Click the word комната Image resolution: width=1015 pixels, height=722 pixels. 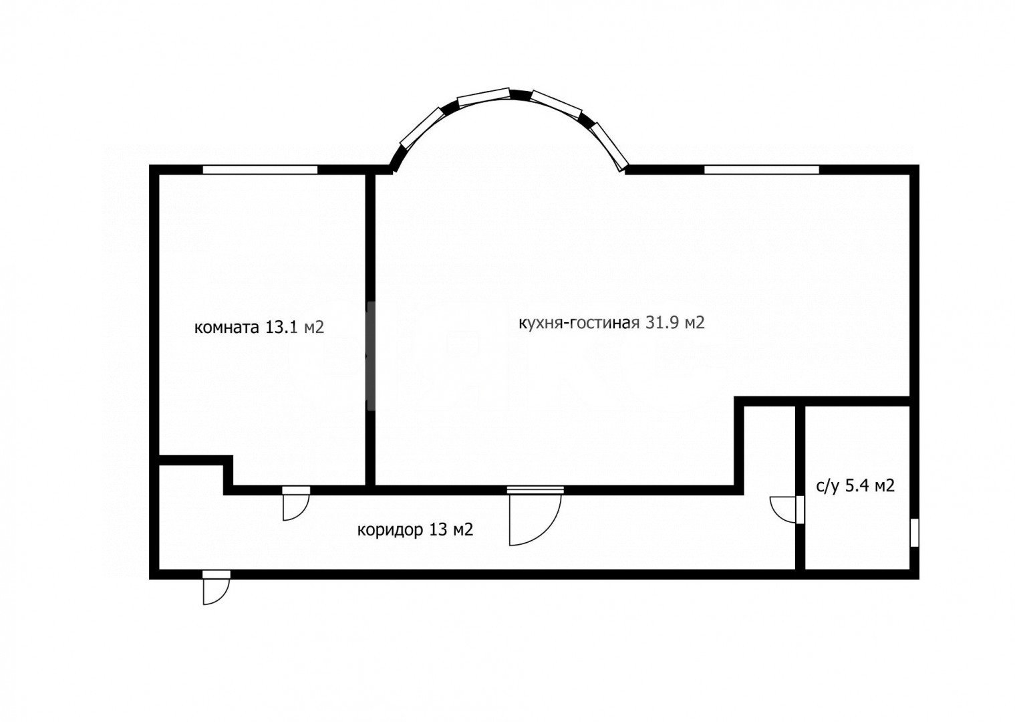pos(227,327)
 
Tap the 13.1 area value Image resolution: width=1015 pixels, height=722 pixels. pos(281,327)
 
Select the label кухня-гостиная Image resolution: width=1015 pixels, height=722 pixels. pos(579,323)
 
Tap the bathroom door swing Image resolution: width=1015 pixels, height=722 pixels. pos(783,509)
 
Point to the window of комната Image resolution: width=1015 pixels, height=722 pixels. pos(260,170)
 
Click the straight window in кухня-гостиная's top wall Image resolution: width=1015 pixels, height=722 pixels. pos(762,170)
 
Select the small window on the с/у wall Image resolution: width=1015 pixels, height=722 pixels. pos(914,533)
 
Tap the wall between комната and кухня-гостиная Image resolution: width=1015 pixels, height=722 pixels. pos(370,330)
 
